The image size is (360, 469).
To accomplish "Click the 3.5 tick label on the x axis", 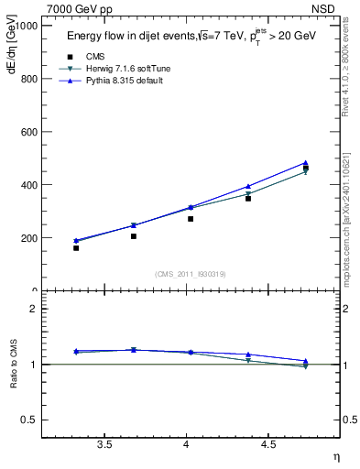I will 105,444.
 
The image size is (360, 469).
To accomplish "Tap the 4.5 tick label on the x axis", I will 268,444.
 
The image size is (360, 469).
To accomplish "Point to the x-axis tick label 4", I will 187,444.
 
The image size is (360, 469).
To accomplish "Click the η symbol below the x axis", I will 335,456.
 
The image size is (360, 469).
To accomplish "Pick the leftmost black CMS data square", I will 76,248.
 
